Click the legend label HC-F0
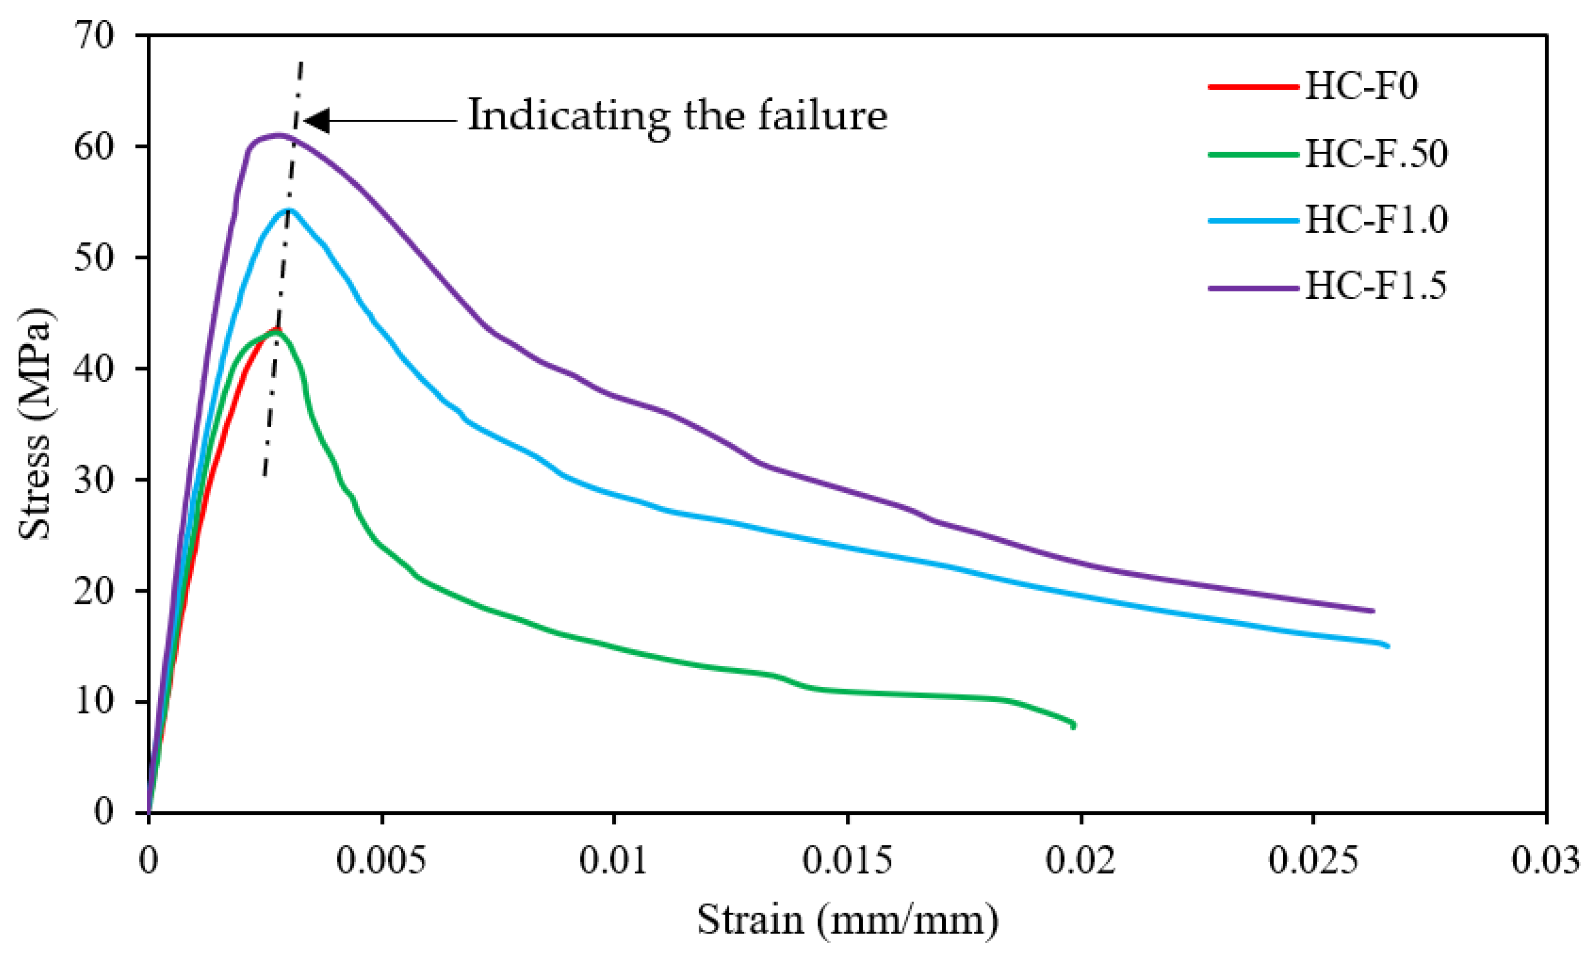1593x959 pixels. [x=1361, y=86]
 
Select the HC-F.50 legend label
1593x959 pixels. [x=1376, y=154]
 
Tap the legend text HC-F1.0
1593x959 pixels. [x=1376, y=220]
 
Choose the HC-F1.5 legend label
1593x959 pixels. [x=1375, y=287]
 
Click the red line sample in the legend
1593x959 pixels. [x=1253, y=86]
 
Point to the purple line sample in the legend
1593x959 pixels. [x=1253, y=287]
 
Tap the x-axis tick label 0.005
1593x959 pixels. [x=381, y=861]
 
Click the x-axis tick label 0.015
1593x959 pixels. [x=847, y=861]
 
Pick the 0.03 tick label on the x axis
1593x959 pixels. [x=1545, y=861]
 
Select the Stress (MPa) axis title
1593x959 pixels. [x=34, y=424]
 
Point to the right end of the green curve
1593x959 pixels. [x=1073, y=725]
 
